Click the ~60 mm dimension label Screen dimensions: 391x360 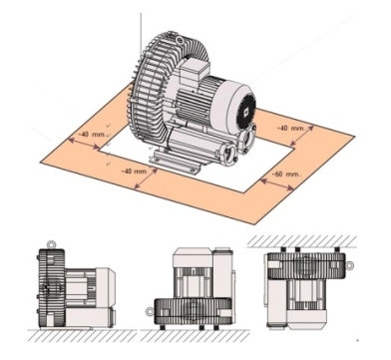(286, 175)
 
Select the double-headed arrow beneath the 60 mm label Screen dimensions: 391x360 (277, 183)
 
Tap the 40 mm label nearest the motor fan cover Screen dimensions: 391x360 (291, 128)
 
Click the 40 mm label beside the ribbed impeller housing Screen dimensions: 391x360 (92, 135)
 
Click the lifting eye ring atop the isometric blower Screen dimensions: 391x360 (180, 41)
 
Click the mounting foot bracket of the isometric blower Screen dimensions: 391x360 (174, 162)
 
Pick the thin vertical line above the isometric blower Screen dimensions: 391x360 (141, 34)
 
